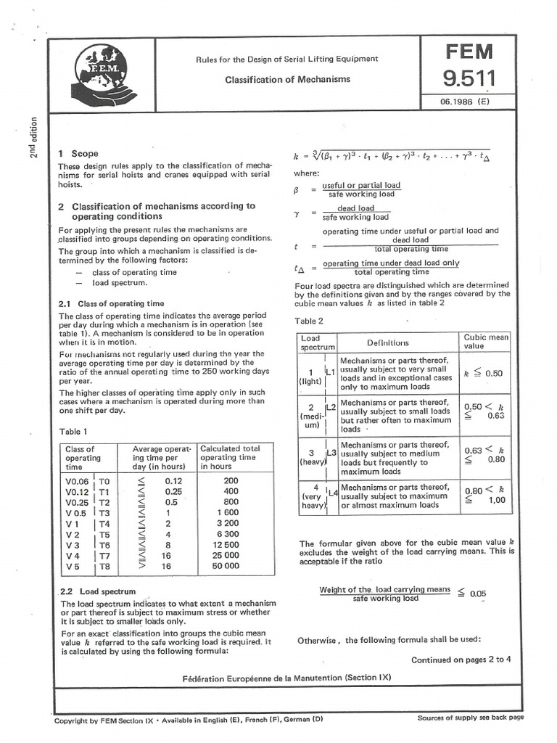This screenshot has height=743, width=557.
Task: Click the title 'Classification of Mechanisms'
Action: tap(287, 79)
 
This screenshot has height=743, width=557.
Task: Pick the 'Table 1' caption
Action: tap(75, 431)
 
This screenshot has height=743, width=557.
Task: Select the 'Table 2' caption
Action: tap(310, 321)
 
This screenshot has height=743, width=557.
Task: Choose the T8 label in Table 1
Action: tap(104, 566)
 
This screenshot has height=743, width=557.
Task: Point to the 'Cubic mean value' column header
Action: tap(486, 342)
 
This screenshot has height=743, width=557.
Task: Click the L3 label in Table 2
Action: tap(330, 453)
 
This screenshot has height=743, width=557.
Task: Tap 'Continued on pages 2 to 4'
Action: tap(461, 660)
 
